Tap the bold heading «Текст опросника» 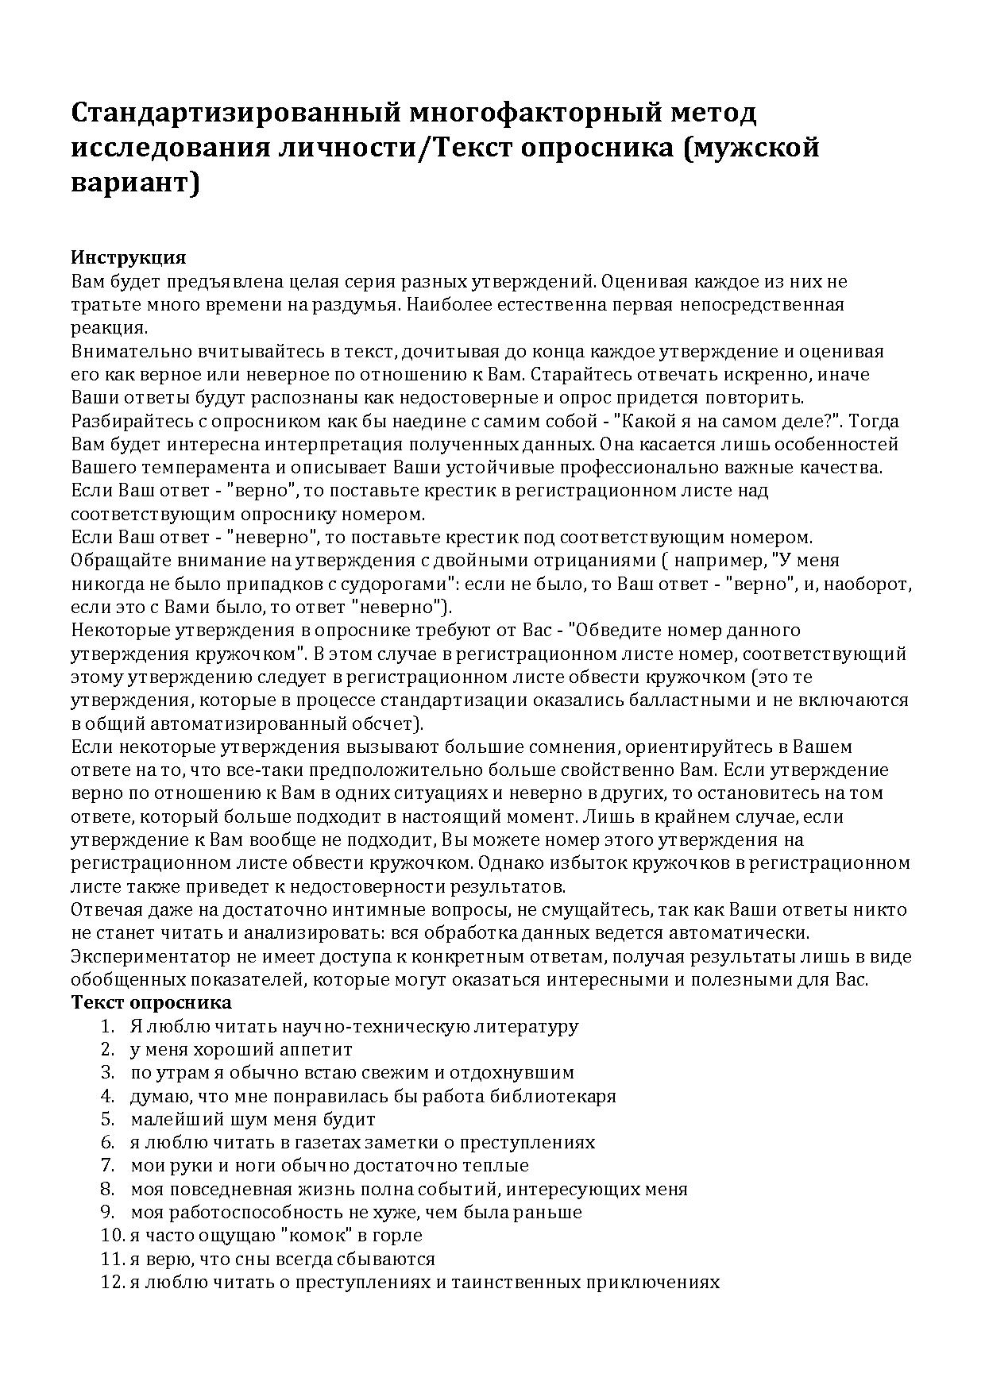152,1002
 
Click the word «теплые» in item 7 498,1166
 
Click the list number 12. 110,1283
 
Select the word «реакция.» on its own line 109,328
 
